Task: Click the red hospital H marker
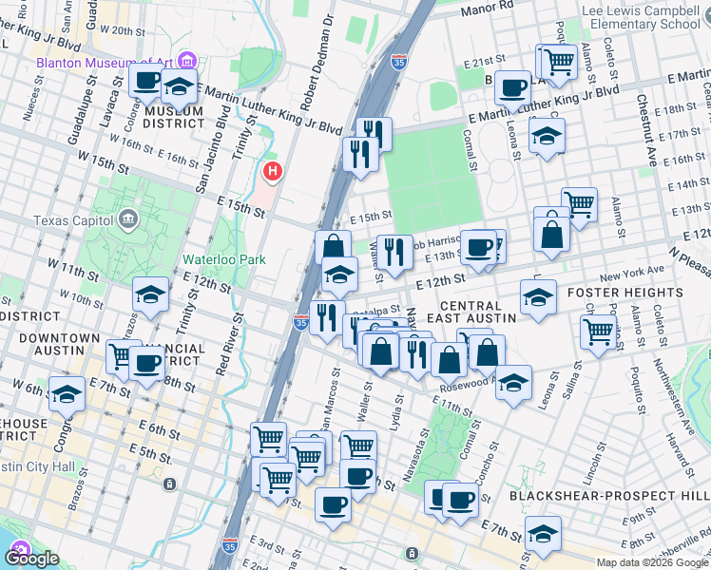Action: [273, 172]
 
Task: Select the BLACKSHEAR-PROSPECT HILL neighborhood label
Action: [609, 496]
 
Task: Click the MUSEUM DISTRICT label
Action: [173, 118]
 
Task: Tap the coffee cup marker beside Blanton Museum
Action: [147, 81]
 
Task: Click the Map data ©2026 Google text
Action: [652, 562]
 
